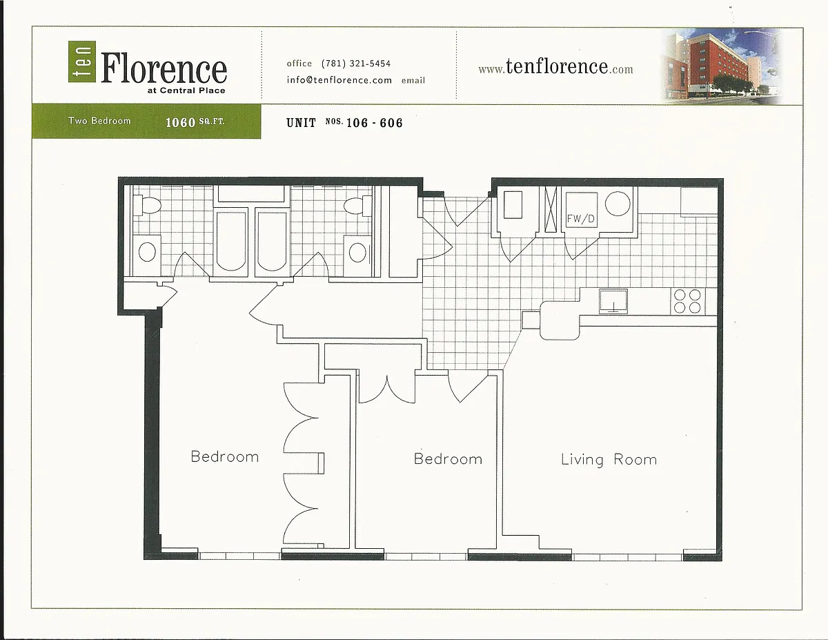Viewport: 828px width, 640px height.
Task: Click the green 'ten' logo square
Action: click(82, 61)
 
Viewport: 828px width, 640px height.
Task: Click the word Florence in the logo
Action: click(164, 68)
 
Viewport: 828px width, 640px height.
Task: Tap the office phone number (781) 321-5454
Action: click(356, 64)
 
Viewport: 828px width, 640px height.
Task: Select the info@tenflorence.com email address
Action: click(339, 80)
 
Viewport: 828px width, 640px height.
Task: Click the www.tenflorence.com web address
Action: click(555, 67)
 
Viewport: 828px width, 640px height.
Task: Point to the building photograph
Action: click(721, 66)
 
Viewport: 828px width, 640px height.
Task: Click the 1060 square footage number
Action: click(180, 122)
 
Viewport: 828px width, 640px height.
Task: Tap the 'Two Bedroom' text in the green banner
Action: click(99, 121)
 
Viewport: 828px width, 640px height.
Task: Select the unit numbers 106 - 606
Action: click(374, 123)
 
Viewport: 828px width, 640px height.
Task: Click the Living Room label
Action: click(609, 460)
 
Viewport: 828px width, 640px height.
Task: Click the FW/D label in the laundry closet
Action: click(581, 218)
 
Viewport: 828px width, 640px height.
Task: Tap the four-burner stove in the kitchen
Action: click(687, 302)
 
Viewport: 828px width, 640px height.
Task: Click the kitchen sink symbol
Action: click(613, 301)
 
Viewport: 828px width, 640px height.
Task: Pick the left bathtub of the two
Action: click(231, 241)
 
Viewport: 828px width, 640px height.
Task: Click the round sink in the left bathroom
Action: click(148, 252)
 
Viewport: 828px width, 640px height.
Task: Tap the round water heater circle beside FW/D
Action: click(618, 204)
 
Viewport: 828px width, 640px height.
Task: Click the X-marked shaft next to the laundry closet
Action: click(551, 209)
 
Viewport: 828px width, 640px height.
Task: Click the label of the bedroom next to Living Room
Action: click(448, 459)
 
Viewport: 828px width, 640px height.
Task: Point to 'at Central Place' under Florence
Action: click(186, 90)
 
